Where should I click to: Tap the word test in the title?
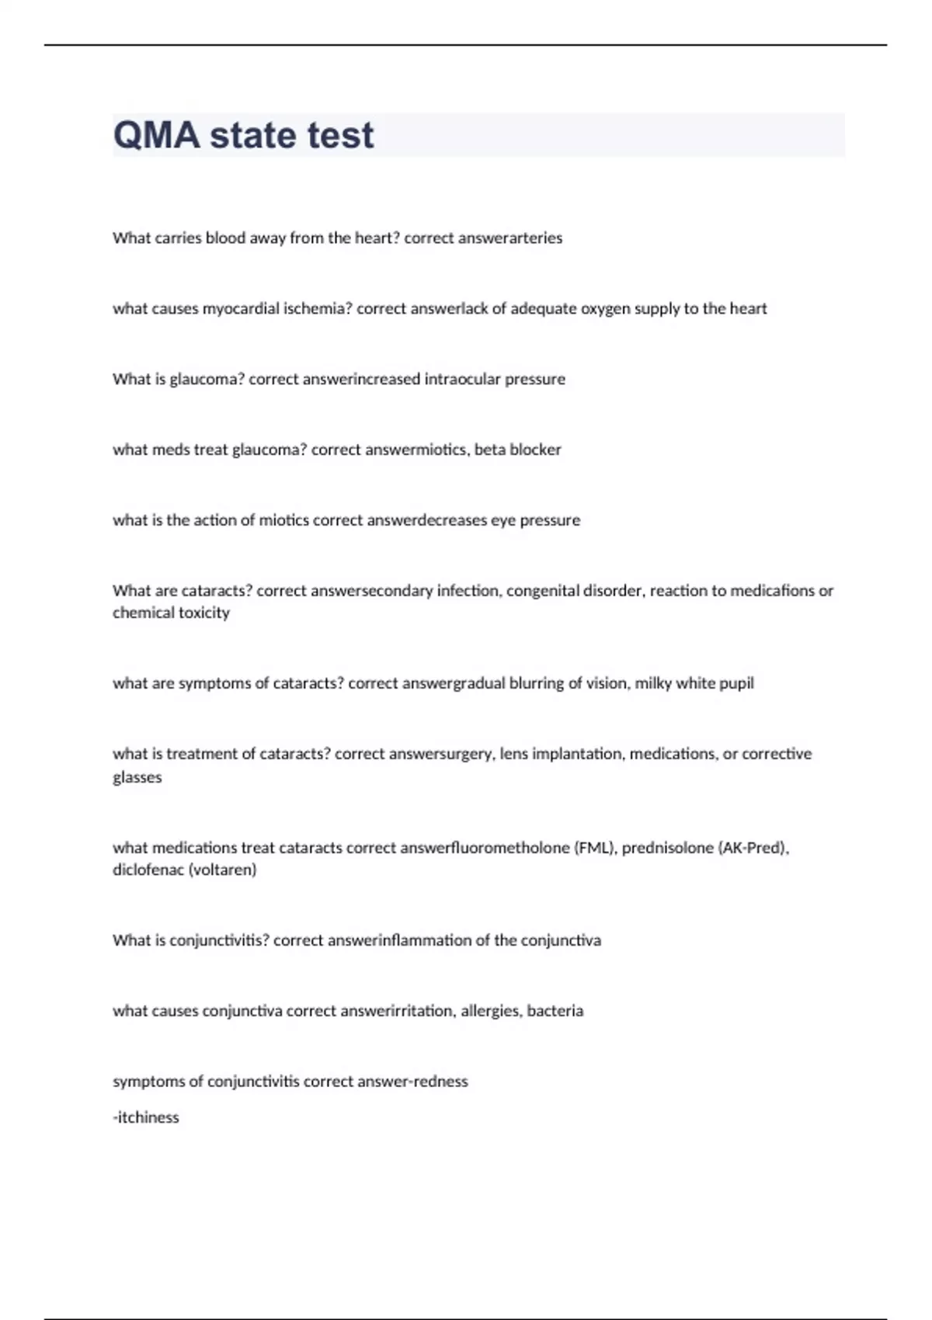[x=340, y=135]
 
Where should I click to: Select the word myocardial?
[x=241, y=309]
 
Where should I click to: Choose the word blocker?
[x=535, y=450]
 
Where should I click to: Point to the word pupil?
[x=736, y=683]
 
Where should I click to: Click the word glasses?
[x=137, y=777]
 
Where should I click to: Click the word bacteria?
[x=555, y=1011]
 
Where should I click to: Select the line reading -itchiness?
[x=146, y=1117]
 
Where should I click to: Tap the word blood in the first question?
[x=225, y=238]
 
